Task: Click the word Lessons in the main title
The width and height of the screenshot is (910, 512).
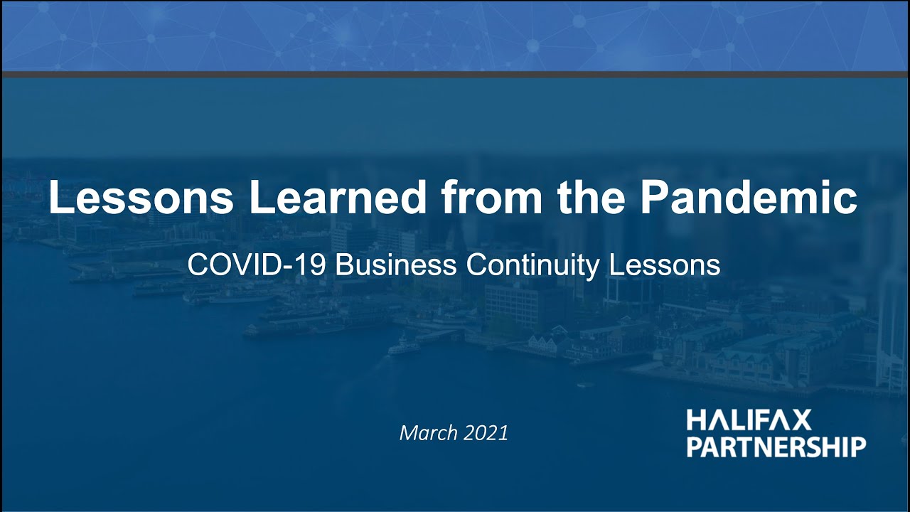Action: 141,199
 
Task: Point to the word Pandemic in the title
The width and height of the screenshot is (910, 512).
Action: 749,199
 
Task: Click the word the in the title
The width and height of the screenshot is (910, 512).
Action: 591,199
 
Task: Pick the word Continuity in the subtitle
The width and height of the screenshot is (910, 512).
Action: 534,265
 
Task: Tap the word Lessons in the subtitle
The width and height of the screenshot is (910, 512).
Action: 665,265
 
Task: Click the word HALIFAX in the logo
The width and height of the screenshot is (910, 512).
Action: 749,421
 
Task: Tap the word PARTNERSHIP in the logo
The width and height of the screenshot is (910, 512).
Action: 776,447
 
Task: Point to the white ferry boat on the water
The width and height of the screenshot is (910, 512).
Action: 404,348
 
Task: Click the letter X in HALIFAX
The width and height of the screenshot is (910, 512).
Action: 801,421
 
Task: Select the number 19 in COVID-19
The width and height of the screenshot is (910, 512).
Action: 314,265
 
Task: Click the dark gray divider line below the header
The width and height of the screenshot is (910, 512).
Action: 455,74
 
